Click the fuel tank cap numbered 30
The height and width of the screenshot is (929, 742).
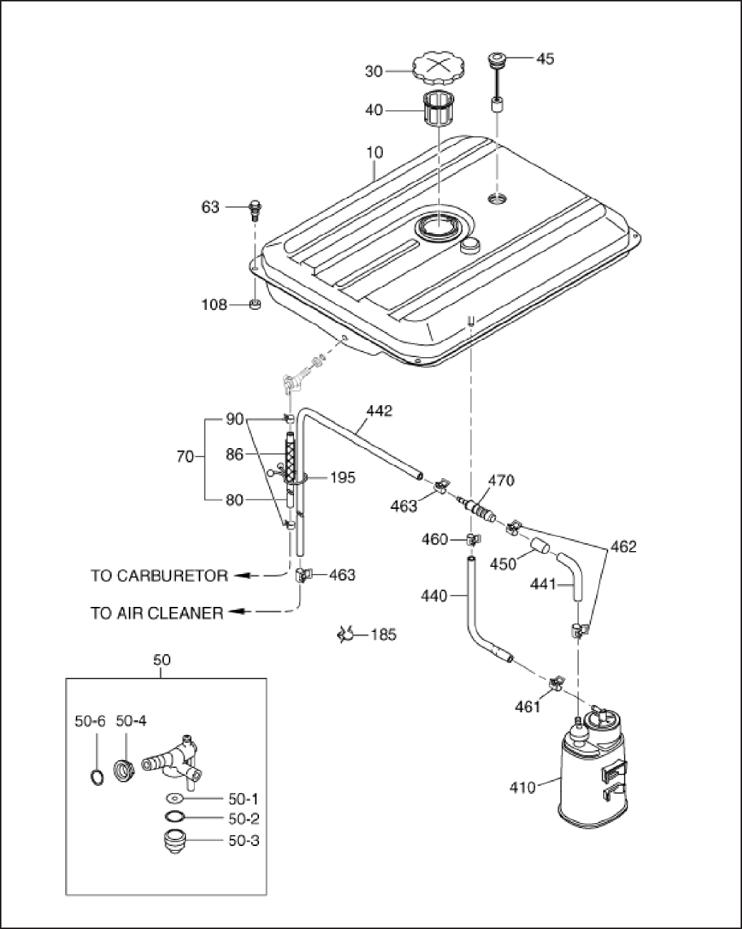[x=439, y=69]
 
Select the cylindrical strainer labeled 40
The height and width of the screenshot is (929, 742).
[x=438, y=109]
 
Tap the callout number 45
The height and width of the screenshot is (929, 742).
[x=545, y=58]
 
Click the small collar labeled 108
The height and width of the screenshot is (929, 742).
[x=255, y=304]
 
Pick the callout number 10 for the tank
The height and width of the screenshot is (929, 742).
[x=375, y=153]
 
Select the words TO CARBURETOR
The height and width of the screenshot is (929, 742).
[x=159, y=576]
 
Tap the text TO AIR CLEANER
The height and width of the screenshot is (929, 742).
[x=157, y=613]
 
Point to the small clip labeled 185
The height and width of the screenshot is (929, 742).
[x=346, y=634]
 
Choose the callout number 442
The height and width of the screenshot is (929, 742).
[x=380, y=411]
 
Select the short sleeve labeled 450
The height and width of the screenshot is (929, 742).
[x=540, y=546]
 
